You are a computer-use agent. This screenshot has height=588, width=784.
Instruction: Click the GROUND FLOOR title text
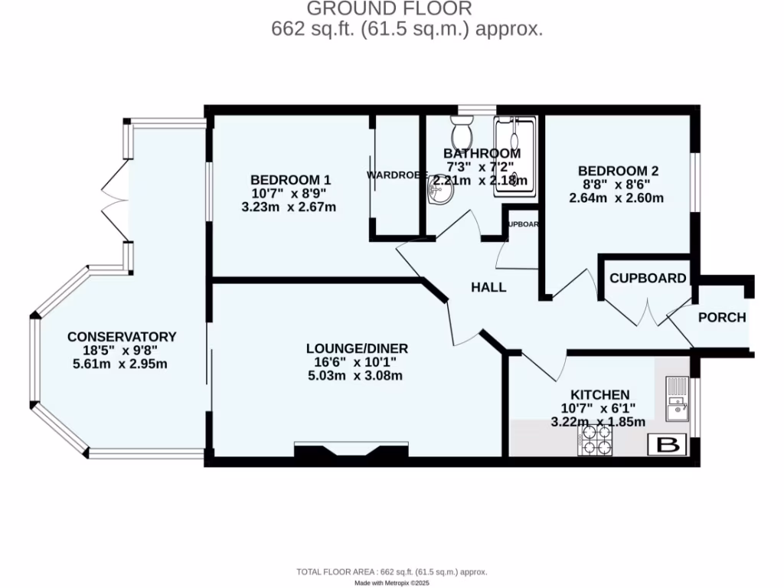(390, 9)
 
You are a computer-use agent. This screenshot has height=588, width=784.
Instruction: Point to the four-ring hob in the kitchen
(597, 439)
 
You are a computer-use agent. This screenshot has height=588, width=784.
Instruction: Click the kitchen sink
(676, 400)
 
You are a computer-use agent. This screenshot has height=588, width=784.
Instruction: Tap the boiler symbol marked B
(668, 445)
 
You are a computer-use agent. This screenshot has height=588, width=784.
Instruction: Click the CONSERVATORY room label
(122, 337)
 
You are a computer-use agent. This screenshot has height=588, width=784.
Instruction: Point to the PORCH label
(721, 317)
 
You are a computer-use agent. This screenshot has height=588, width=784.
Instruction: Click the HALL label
(488, 288)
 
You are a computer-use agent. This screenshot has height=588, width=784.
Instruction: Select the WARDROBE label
(396, 175)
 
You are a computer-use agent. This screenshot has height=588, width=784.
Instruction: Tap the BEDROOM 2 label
(618, 171)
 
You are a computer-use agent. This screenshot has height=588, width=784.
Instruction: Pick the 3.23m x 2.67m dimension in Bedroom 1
(289, 207)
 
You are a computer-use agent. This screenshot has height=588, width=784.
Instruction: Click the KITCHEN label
(599, 394)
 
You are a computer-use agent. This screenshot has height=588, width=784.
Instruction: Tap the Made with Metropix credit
(391, 583)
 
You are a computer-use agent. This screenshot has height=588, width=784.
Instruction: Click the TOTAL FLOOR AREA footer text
(391, 572)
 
